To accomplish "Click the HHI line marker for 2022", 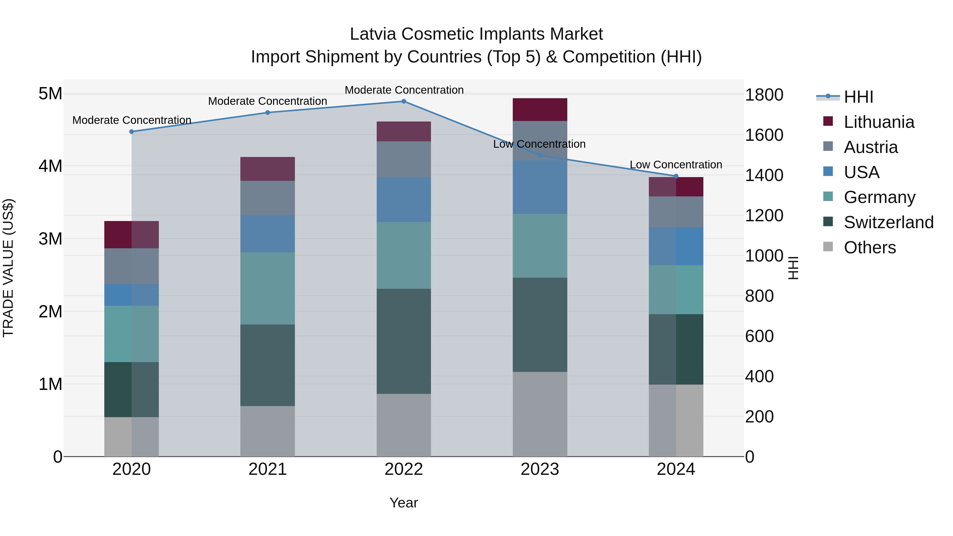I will click(x=404, y=101).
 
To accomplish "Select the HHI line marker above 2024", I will click(x=676, y=176).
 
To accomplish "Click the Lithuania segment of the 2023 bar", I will click(x=540, y=110).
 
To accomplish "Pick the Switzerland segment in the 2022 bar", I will click(x=404, y=341).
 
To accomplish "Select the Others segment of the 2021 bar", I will click(x=267, y=431).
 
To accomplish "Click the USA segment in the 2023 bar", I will click(x=540, y=187).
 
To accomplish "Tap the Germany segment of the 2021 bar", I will click(x=267, y=288).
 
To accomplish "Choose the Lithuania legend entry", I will click(x=879, y=122).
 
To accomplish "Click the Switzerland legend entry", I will click(x=888, y=222).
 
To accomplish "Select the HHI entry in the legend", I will click(x=858, y=97).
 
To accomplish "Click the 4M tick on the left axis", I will click(x=51, y=166).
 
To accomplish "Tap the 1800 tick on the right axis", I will click(x=763, y=95).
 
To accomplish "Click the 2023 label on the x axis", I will click(x=540, y=469).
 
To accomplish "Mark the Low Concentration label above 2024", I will click(x=676, y=165).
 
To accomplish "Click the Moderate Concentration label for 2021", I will click(x=267, y=101).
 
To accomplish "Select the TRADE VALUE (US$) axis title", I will click(x=8, y=268).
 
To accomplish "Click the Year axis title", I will click(x=404, y=503).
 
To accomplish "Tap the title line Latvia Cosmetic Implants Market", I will click(x=476, y=34).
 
